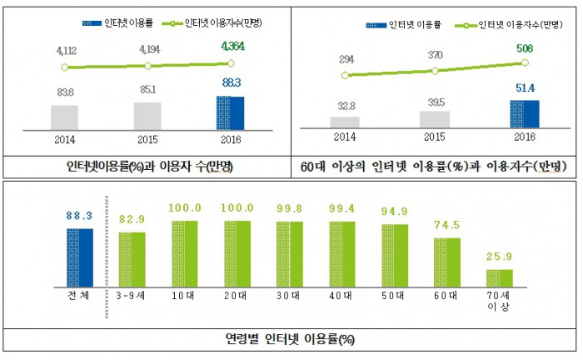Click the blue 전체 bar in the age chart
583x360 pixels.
80,257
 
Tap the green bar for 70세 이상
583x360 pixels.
500,277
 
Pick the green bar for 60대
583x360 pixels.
447,262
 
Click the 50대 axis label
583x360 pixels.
395,295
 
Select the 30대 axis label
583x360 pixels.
289,295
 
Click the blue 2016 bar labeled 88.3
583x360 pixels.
230,112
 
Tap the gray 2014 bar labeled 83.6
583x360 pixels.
64,117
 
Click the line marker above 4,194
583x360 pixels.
147,65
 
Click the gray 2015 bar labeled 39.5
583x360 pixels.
435,119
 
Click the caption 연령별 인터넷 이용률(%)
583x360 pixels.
291,339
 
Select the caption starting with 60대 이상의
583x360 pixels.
434,166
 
